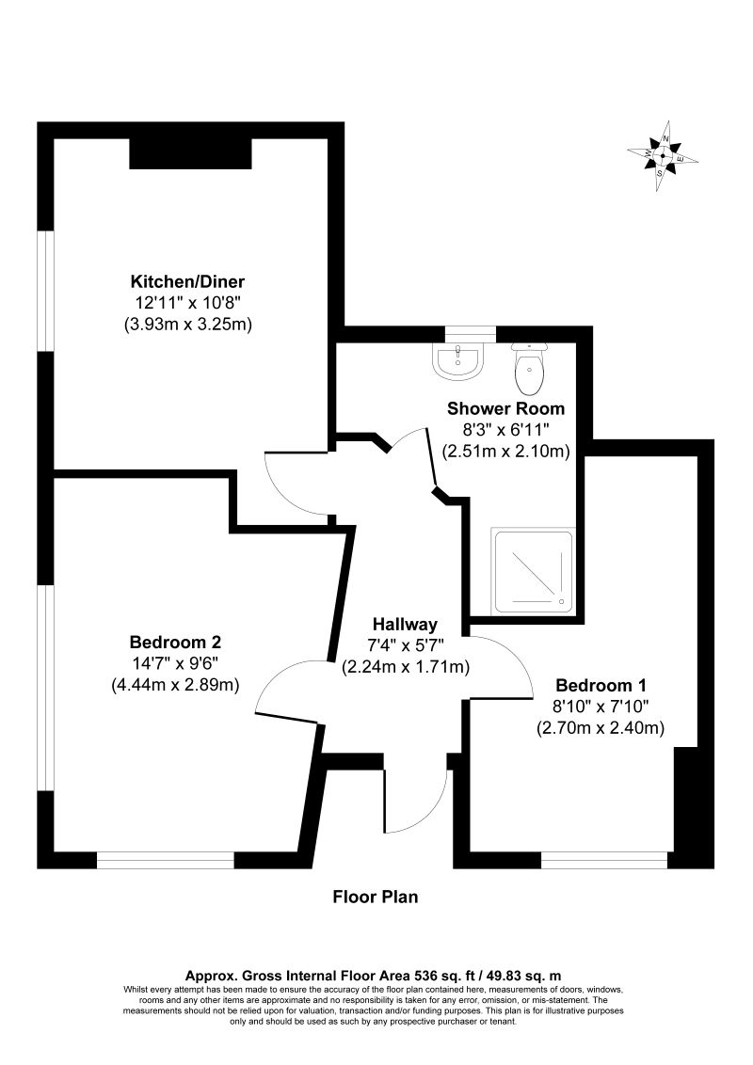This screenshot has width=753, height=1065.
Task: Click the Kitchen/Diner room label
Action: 193,281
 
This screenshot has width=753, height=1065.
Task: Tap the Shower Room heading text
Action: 505,408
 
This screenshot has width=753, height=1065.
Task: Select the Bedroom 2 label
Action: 175,643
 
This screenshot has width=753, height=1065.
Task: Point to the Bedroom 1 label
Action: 601,685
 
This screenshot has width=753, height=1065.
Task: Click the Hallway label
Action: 405,624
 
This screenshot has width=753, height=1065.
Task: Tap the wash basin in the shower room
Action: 458,361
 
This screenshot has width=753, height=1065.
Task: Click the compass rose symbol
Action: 663,156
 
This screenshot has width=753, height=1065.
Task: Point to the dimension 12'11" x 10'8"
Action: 193,303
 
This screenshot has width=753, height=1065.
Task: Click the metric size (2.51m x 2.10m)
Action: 506,451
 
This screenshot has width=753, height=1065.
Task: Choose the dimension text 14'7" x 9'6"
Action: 175,663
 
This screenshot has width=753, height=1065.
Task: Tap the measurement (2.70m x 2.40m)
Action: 601,727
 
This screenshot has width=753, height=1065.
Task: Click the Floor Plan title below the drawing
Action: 376,897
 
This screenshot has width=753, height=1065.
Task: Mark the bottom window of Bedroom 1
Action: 604,860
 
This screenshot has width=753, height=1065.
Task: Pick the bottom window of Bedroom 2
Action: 165,860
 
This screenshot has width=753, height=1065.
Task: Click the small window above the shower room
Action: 470,333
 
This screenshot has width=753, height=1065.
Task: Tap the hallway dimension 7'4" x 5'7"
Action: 405,645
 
